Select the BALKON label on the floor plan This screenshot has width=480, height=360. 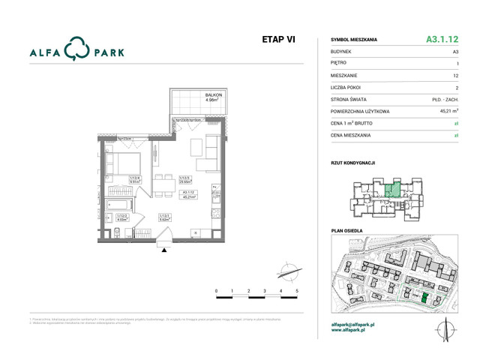coord(214,95)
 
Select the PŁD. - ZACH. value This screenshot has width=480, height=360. coord(445,98)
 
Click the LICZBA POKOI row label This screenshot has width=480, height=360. coord(347,87)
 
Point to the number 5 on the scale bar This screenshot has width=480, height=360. coord(297,289)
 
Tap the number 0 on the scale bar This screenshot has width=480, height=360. coord(216,289)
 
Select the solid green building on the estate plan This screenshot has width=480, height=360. coord(424,298)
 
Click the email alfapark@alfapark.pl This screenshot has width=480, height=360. coord(352,324)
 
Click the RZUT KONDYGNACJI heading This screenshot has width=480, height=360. coord(352,162)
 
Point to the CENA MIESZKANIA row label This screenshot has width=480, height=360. coord(352,134)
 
